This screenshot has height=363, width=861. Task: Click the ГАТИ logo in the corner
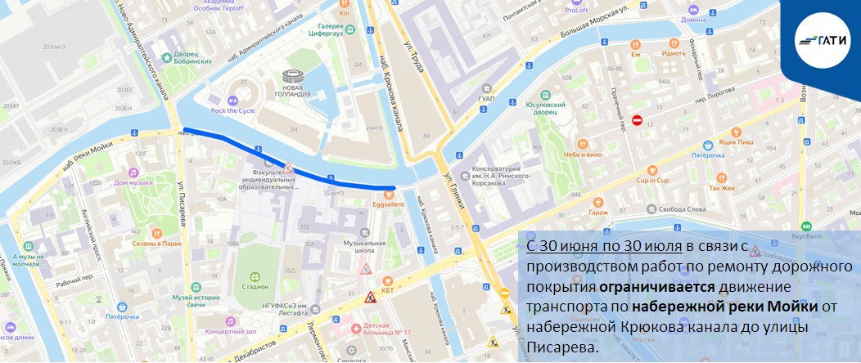[x=825, y=39]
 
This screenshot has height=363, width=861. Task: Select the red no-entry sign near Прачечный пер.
[x=637, y=120]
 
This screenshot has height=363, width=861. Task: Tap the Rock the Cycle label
[x=232, y=110]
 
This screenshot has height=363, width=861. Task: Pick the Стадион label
[x=255, y=286]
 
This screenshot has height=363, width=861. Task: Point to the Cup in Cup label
[x=652, y=180]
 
